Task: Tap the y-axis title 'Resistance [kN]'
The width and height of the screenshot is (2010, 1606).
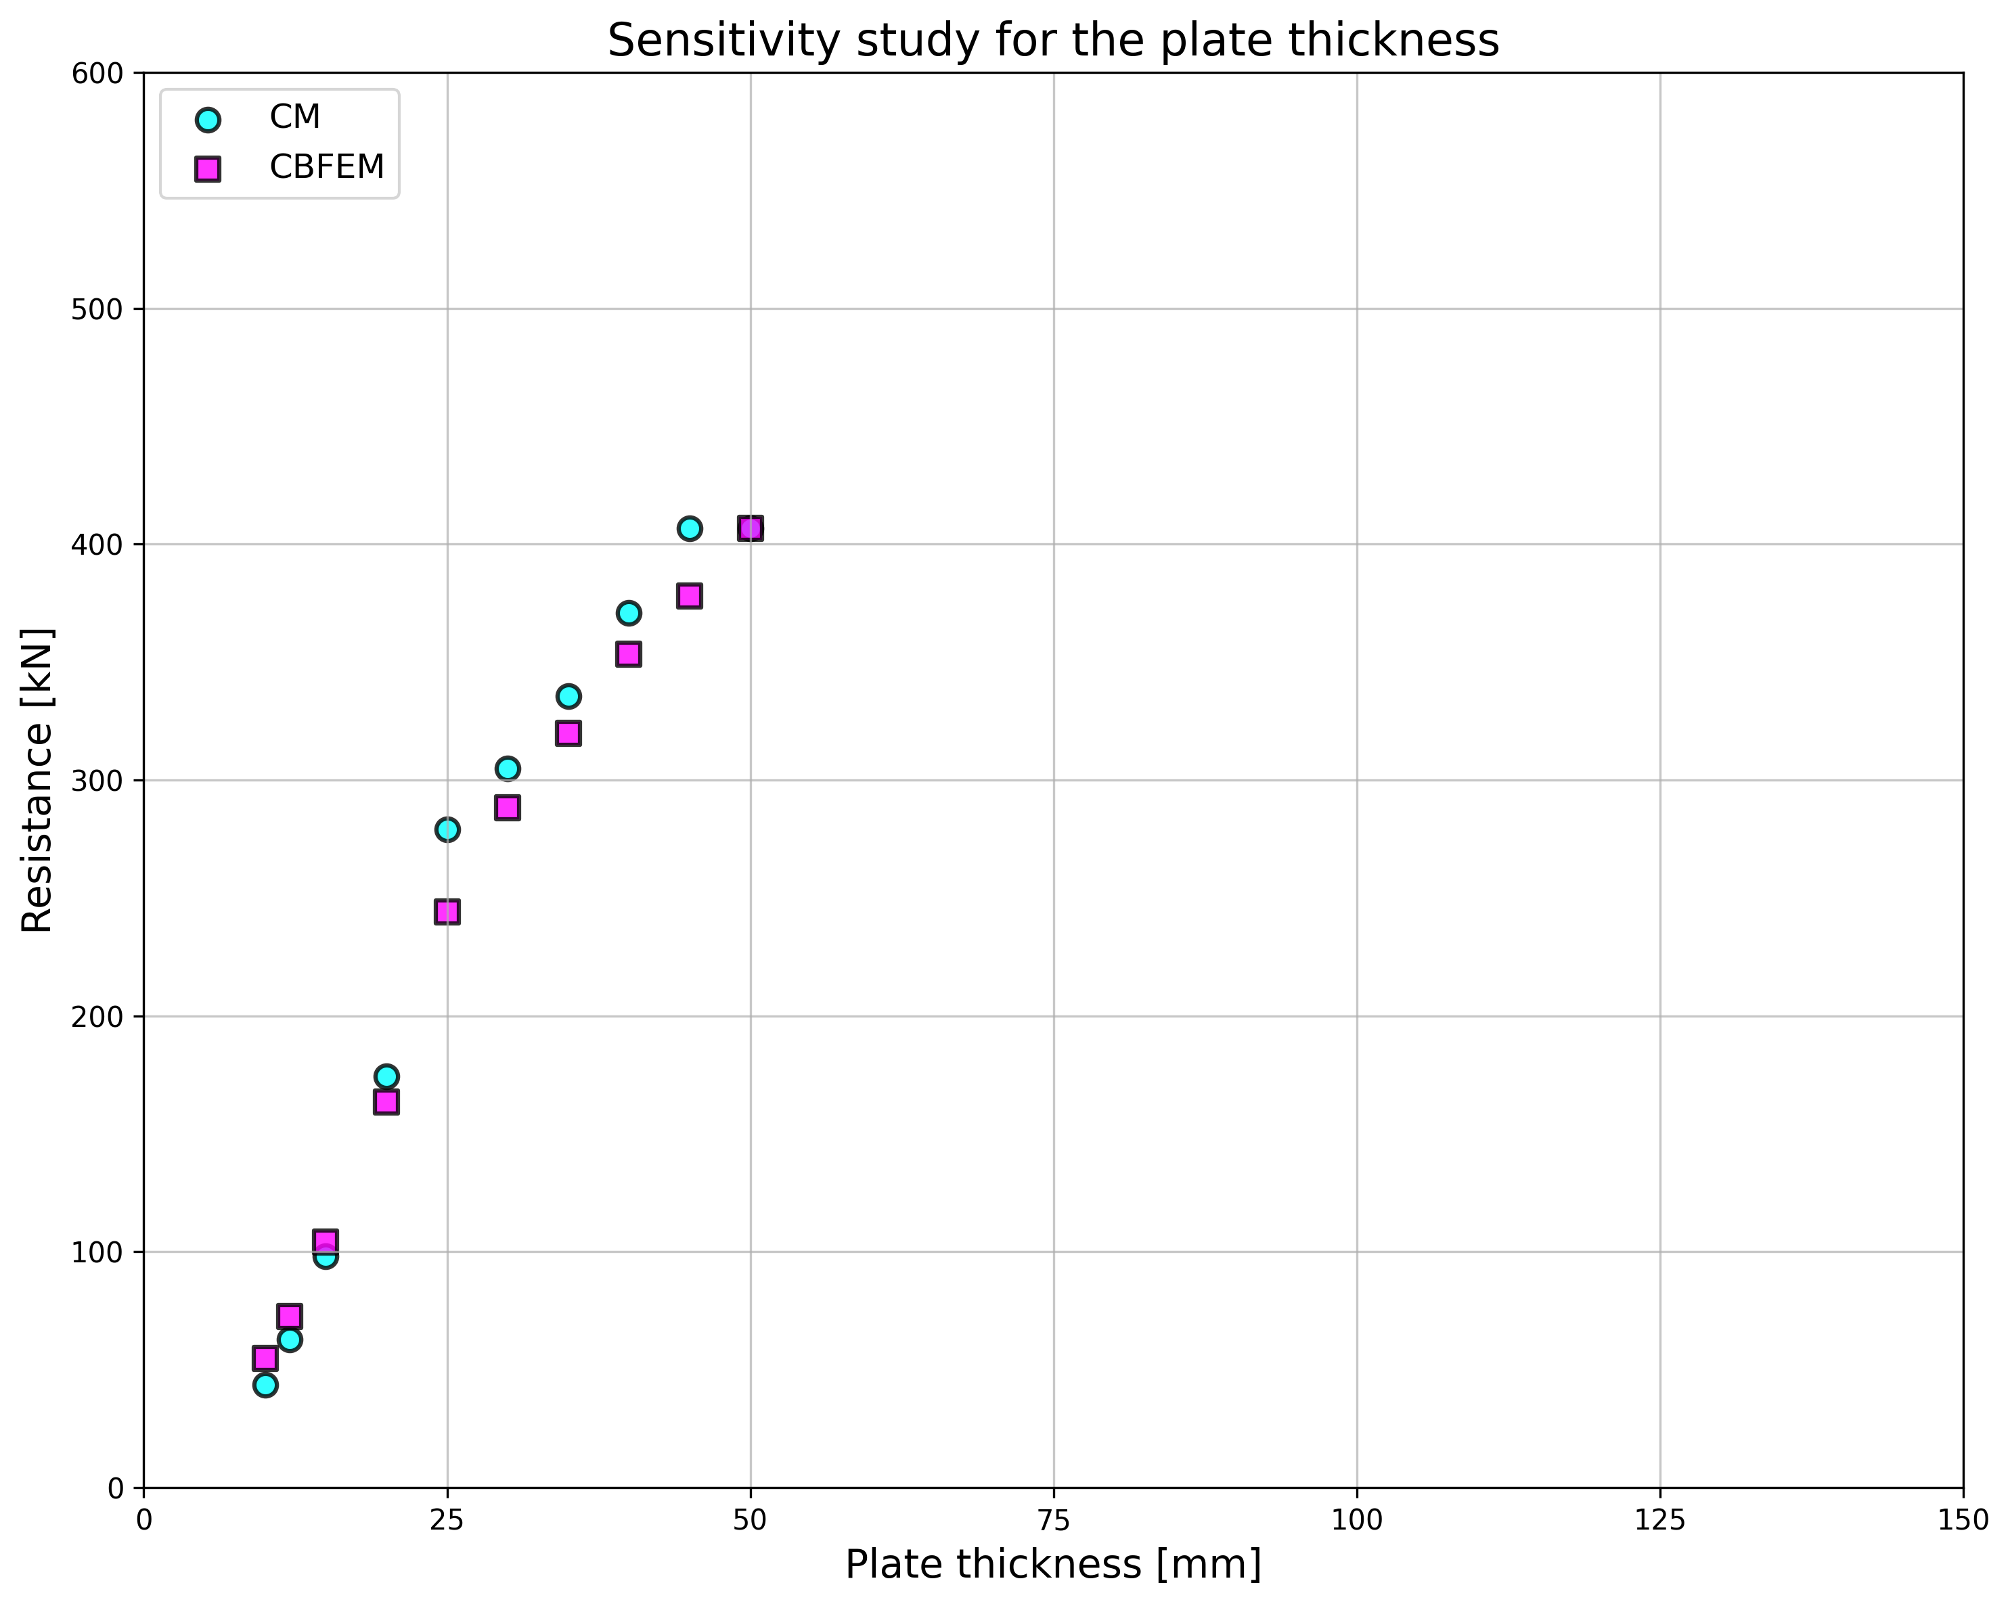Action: pos(37,779)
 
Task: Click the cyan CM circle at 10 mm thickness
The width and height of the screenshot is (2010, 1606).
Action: pos(266,1385)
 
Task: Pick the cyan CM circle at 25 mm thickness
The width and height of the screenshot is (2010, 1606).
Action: pos(447,829)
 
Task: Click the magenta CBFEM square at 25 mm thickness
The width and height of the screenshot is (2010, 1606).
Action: pos(447,912)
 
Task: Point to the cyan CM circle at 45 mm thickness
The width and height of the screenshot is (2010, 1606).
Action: pos(690,528)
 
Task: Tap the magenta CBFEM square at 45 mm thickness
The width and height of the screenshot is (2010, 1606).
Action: pos(690,597)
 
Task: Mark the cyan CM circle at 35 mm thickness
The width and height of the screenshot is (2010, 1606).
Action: pos(568,696)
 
